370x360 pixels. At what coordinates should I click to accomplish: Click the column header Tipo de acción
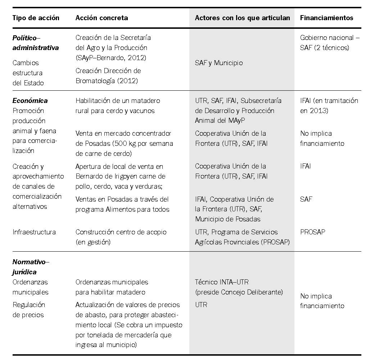click(x=36, y=18)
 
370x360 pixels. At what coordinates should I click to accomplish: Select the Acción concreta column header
click(x=101, y=18)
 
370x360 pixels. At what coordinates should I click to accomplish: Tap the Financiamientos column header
click(x=326, y=18)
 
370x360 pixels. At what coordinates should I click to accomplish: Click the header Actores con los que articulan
click(x=242, y=18)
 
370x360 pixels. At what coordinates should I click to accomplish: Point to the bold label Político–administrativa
click(x=36, y=42)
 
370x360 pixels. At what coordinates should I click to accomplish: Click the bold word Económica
click(x=30, y=101)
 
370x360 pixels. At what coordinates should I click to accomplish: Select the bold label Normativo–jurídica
click(x=31, y=267)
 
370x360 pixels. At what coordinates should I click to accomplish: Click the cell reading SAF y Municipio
click(x=219, y=63)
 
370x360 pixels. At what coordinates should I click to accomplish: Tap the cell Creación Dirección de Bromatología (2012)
click(x=108, y=76)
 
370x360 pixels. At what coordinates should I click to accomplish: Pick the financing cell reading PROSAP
click(x=312, y=232)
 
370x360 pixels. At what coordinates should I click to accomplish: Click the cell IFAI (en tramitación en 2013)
click(x=329, y=105)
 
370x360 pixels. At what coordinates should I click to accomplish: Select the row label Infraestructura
click(x=34, y=232)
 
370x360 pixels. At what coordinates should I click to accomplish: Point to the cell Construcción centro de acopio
click(x=121, y=237)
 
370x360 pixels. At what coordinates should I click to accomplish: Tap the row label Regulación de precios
click(x=29, y=310)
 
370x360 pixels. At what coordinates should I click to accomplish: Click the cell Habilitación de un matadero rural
click(x=118, y=105)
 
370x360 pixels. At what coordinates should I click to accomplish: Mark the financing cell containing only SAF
click(x=306, y=199)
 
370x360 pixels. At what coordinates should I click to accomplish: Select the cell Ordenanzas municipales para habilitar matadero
click(x=112, y=287)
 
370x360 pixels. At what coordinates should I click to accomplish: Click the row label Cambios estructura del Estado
click(x=28, y=73)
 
